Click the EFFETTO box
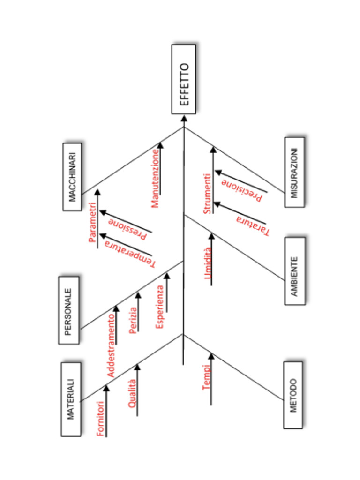coord(184,79)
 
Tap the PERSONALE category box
coord(68,310)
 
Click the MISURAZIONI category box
coord(294,172)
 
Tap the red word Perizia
coord(133,320)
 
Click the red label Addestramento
coord(111,346)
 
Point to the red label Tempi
coord(206,379)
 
